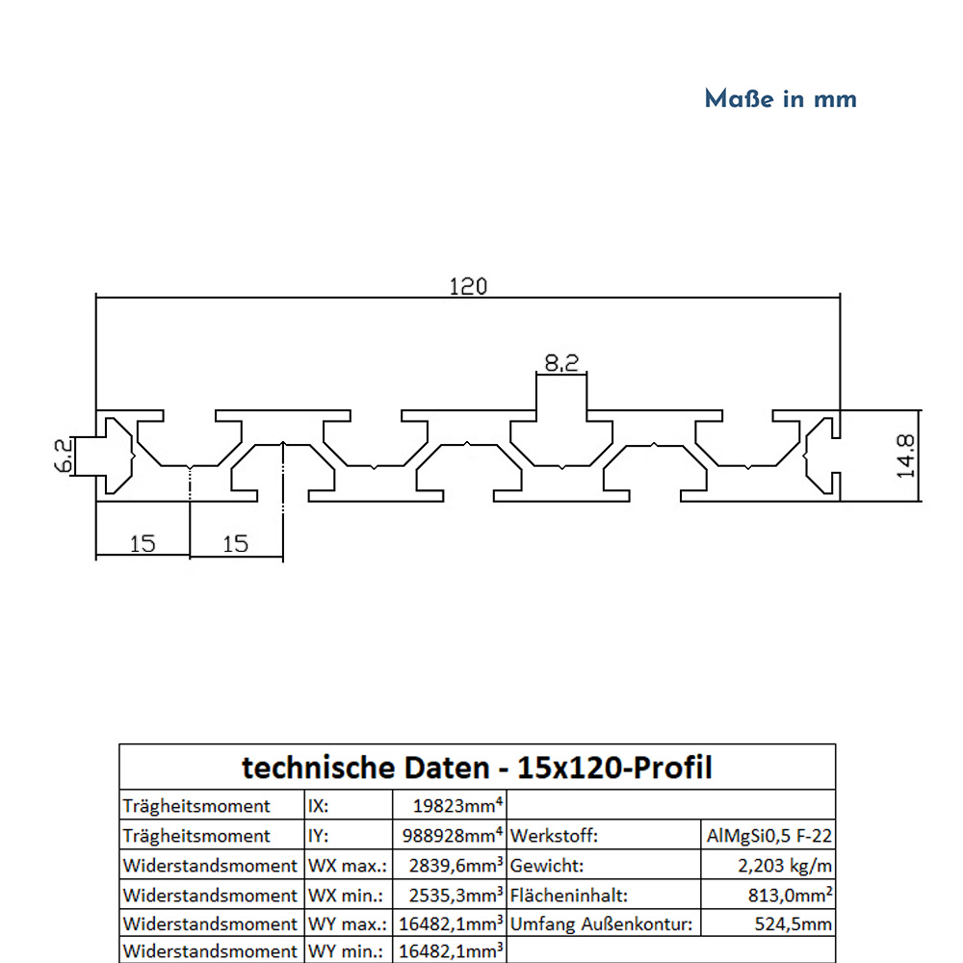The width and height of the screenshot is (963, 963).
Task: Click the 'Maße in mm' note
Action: (x=780, y=99)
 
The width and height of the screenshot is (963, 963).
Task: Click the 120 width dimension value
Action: (x=468, y=286)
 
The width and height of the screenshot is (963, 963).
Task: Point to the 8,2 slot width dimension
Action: (x=561, y=363)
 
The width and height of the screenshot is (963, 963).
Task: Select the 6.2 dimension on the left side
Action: (x=63, y=455)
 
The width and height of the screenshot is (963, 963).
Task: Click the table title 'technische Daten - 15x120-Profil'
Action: (x=477, y=768)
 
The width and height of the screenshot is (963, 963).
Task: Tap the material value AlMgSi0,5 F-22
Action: (x=768, y=836)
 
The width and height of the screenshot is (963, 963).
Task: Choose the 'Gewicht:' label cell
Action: (x=547, y=866)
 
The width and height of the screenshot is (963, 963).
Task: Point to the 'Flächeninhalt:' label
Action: (x=568, y=896)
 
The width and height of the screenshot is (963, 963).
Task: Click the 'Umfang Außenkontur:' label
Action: (x=601, y=924)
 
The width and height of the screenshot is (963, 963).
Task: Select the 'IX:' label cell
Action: (x=320, y=806)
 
